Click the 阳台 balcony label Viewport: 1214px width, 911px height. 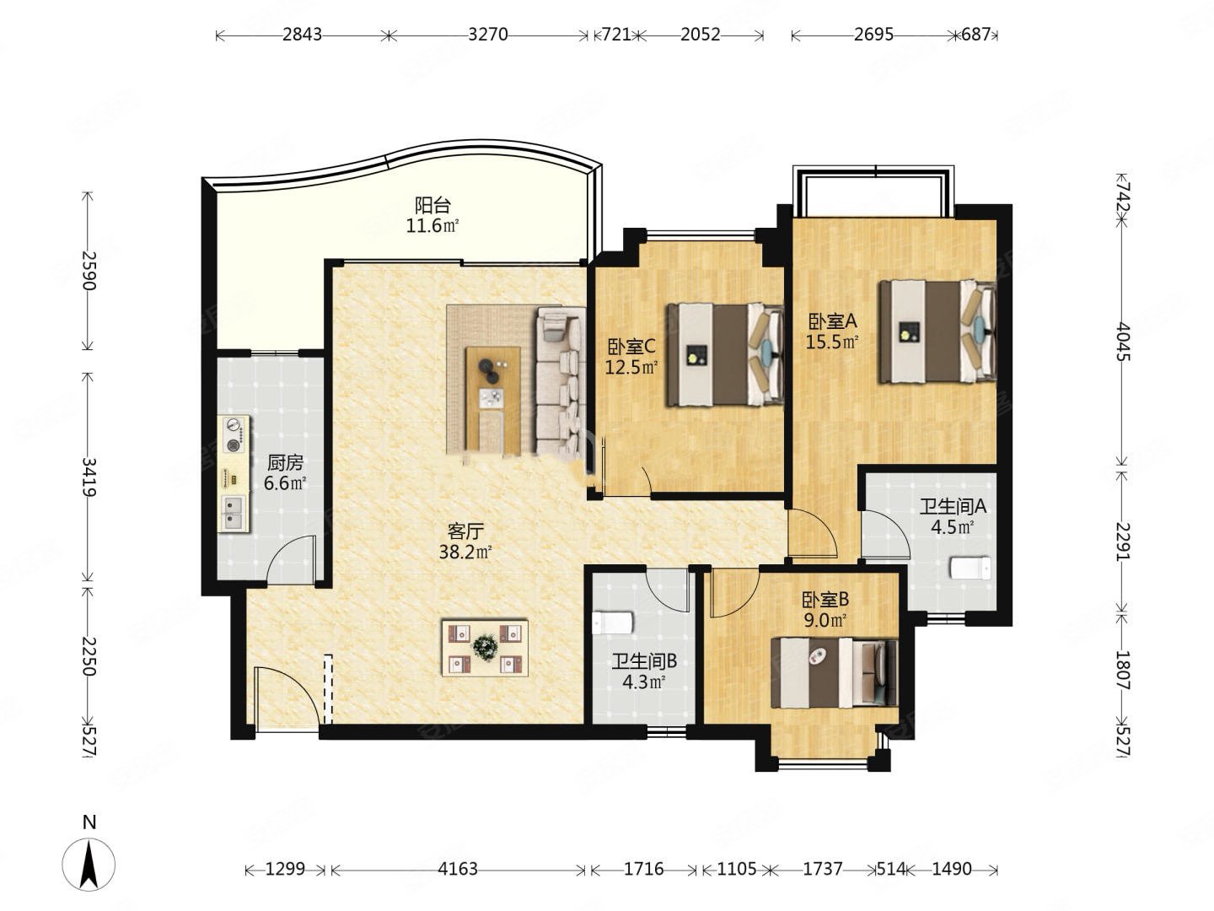click(433, 206)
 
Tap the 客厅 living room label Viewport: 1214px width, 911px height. click(465, 531)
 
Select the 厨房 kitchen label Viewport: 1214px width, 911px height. click(286, 462)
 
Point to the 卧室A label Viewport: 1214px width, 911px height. click(832, 321)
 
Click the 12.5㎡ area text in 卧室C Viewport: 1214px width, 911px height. click(631, 367)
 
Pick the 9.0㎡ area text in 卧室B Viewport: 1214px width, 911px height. click(825, 621)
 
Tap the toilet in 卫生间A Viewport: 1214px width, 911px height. click(970, 568)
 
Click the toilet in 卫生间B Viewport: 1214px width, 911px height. click(612, 623)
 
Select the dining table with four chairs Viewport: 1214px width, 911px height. click(485, 648)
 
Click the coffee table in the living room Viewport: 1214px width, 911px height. click(493, 398)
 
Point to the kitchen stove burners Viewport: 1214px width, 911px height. click(234, 434)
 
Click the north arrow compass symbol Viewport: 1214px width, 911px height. click(89, 864)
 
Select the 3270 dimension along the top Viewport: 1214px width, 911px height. click(488, 35)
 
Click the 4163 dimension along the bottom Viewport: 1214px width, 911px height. click(458, 869)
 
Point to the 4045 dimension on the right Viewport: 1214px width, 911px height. click(1123, 342)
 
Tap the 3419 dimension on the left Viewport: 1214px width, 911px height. click(89, 477)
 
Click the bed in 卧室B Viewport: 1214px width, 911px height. click(835, 672)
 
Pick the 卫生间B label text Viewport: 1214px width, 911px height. click(644, 661)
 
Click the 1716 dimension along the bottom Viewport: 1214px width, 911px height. click(643, 869)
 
